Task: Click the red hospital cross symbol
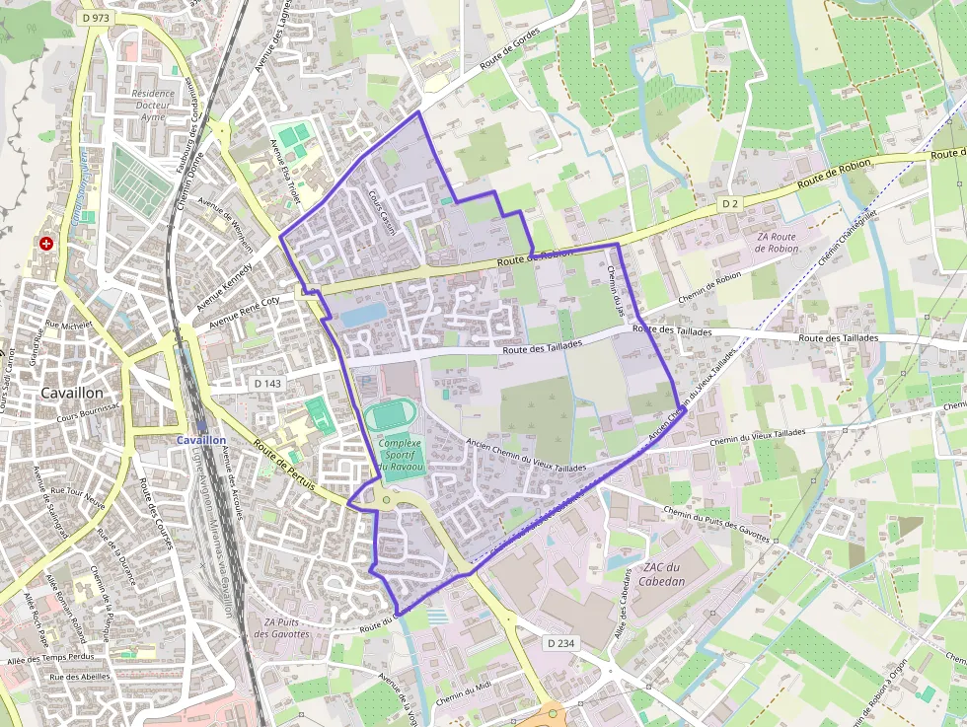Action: point(45,243)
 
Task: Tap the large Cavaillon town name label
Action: point(75,392)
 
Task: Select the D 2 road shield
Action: point(729,203)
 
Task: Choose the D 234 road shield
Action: point(559,643)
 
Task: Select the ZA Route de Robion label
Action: point(776,243)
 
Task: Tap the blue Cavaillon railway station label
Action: point(201,440)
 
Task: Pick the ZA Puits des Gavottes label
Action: point(281,627)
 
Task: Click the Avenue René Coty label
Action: point(244,312)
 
